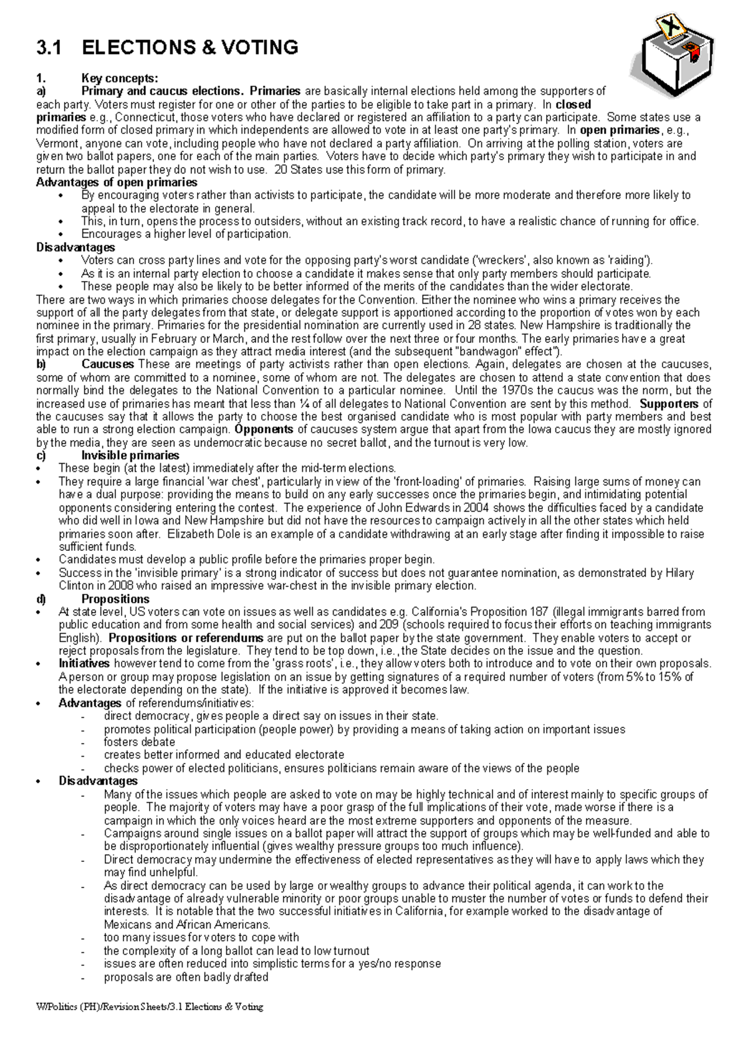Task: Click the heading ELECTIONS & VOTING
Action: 190,47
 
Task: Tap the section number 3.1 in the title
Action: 49,47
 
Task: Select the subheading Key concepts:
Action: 120,79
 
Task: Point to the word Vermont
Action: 58,143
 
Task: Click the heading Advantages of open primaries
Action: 117,183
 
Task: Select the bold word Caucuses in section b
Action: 108,365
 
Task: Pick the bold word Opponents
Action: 263,430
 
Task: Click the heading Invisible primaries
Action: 130,456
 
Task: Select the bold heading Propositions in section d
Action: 115,599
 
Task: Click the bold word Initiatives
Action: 84,664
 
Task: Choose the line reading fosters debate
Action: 139,742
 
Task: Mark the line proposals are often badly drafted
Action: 186,977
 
